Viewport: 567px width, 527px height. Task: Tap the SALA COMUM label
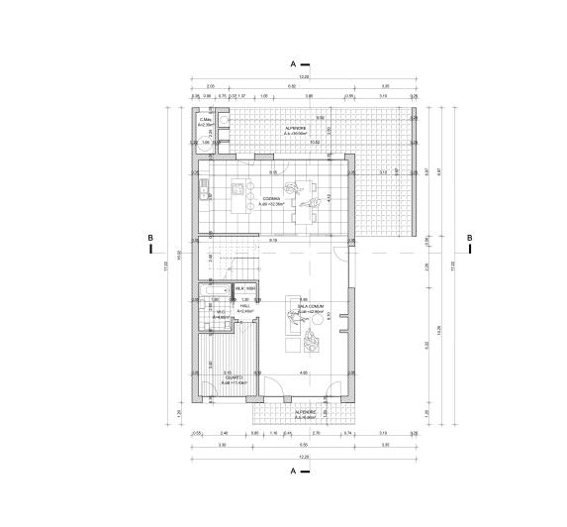pos(311,308)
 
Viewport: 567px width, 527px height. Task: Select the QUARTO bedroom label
pos(234,378)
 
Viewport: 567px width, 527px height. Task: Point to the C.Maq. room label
pos(206,123)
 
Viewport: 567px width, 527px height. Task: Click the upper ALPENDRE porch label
pos(296,129)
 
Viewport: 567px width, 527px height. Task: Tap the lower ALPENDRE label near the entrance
pos(304,413)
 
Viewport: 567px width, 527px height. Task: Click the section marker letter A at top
pos(293,62)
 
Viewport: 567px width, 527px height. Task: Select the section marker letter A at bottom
pos(293,473)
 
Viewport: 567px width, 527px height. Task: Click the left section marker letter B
pos(148,238)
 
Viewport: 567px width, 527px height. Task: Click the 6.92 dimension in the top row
pos(293,87)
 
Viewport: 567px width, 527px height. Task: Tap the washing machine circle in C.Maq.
pos(223,124)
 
